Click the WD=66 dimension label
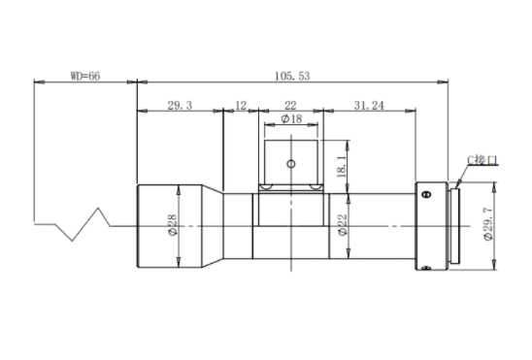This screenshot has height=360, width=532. tap(85, 76)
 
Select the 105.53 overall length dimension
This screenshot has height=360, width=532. tap(292, 76)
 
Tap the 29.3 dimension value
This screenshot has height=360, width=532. tap(180, 106)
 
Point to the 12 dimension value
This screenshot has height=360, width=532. tap(241, 106)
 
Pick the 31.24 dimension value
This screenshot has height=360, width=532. tap(369, 106)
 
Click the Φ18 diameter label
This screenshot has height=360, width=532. tap(292, 118)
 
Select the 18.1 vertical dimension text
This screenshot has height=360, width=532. tap(342, 166)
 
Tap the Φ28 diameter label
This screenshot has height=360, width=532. tap(173, 225)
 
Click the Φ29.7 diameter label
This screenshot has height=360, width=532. tap(488, 224)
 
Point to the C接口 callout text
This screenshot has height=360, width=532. tap(482, 160)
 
